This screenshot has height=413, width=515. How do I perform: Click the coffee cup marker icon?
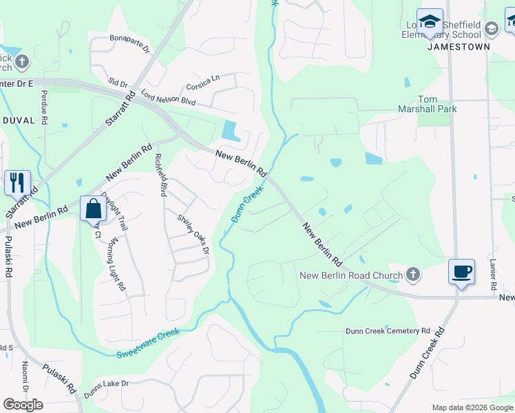(461, 271)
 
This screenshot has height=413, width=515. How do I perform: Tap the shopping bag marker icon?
(93, 207)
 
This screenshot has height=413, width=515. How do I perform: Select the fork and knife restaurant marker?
(17, 182)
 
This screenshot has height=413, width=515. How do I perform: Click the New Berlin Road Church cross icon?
(412, 275)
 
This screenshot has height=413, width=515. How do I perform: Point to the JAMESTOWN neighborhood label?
(459, 47)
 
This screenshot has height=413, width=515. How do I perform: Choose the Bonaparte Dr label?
(129, 42)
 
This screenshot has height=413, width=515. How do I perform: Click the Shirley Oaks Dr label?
(193, 234)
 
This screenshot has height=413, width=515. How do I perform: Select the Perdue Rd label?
(44, 107)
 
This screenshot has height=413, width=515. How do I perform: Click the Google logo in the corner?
(23, 405)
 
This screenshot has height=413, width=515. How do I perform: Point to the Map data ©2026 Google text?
(472, 407)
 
